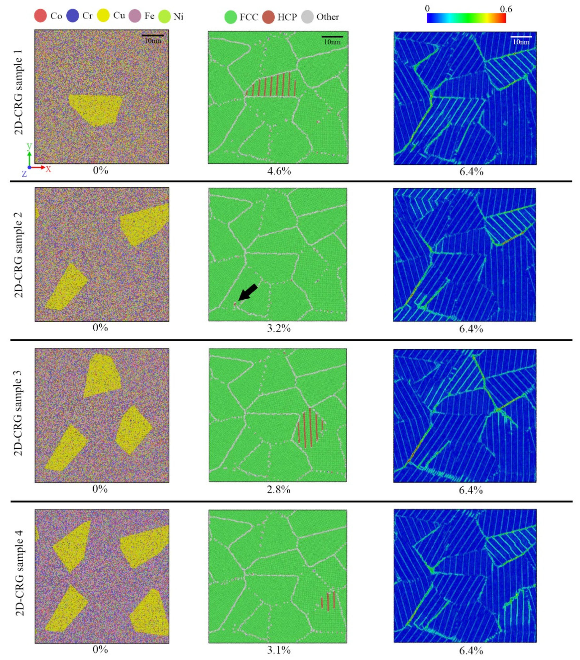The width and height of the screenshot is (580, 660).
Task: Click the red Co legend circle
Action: [41, 16]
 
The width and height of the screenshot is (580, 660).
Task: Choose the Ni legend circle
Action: [164, 16]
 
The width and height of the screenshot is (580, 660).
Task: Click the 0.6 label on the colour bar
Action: [506, 9]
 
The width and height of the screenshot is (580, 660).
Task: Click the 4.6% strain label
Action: [279, 171]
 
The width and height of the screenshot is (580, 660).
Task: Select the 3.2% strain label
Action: [279, 328]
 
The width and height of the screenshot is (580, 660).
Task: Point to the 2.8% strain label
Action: [278, 489]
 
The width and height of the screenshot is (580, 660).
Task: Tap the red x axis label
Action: [48, 169]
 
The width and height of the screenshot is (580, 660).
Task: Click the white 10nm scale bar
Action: [521, 37]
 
